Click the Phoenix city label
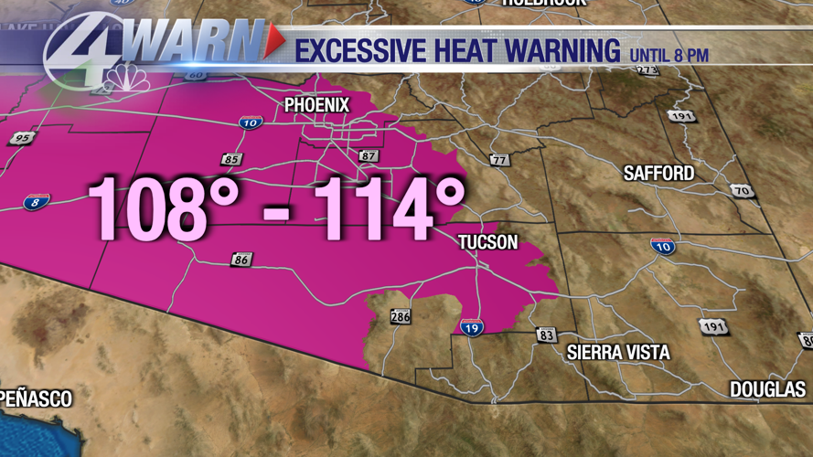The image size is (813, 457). (316, 105)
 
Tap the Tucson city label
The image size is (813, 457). (487, 242)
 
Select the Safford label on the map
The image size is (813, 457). (658, 173)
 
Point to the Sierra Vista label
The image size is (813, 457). (618, 353)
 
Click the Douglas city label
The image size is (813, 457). (767, 389)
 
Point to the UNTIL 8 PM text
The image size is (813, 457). (669, 55)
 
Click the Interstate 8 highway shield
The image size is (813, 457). (36, 202)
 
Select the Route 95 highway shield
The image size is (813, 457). (22, 139)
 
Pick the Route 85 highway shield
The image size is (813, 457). (231, 160)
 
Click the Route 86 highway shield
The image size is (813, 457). (241, 260)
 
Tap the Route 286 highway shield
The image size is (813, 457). (401, 317)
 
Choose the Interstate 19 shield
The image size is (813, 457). (472, 326)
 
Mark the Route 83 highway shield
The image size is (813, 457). (546, 335)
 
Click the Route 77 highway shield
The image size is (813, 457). (498, 161)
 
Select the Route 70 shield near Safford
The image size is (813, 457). (742, 191)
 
